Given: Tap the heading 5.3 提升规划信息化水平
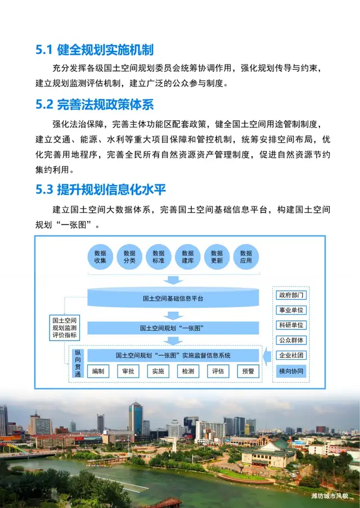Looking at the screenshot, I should pos(101,189).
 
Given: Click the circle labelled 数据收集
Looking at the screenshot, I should pos(101,257).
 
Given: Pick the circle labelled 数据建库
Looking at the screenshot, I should pos(188,257).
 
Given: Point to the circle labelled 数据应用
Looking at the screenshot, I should pos(246,257).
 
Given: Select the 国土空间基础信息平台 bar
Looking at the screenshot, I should pos(173,298).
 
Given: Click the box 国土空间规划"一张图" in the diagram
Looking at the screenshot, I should pos(173,328).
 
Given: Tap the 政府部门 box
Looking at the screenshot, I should pos(291,295).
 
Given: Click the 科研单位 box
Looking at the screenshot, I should pos(291,325).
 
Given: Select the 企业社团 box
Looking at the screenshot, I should pos(291,355).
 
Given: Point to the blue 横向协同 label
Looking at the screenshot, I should pos(291,371).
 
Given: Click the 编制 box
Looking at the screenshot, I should pos(98,371).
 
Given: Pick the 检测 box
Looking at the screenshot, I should pos(188,371).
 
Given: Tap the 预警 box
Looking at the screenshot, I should pos(247,371).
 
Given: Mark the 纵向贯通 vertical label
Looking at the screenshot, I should pos(78,362).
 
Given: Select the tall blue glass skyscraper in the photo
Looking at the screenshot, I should pos(135,419).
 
